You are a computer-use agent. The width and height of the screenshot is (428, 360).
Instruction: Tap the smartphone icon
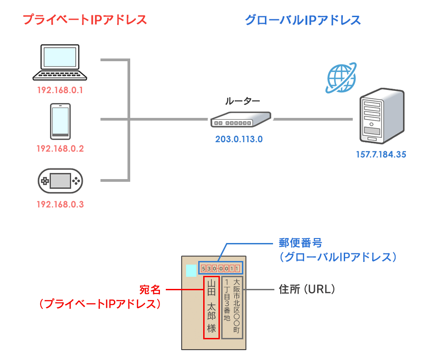[60, 121]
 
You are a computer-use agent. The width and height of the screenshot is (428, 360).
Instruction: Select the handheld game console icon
[60, 181]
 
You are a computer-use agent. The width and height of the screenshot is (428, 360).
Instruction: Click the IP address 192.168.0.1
[60, 90]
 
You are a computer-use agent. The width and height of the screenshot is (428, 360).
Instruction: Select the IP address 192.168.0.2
[60, 148]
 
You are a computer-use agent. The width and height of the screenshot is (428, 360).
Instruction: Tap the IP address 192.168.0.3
[60, 205]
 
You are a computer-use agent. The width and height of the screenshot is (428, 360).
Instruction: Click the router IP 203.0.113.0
[239, 139]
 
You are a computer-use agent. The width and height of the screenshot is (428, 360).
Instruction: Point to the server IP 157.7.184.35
[381, 154]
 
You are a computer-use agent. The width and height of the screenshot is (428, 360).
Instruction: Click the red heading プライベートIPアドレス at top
[85, 20]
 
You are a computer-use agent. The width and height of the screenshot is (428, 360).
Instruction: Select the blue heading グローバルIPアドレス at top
[302, 20]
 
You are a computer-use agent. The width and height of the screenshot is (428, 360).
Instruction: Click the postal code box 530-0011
[220, 269]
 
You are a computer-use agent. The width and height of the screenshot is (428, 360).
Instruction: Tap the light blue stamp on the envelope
[191, 270]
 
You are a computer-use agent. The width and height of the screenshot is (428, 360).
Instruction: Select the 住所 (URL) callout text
[307, 289]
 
